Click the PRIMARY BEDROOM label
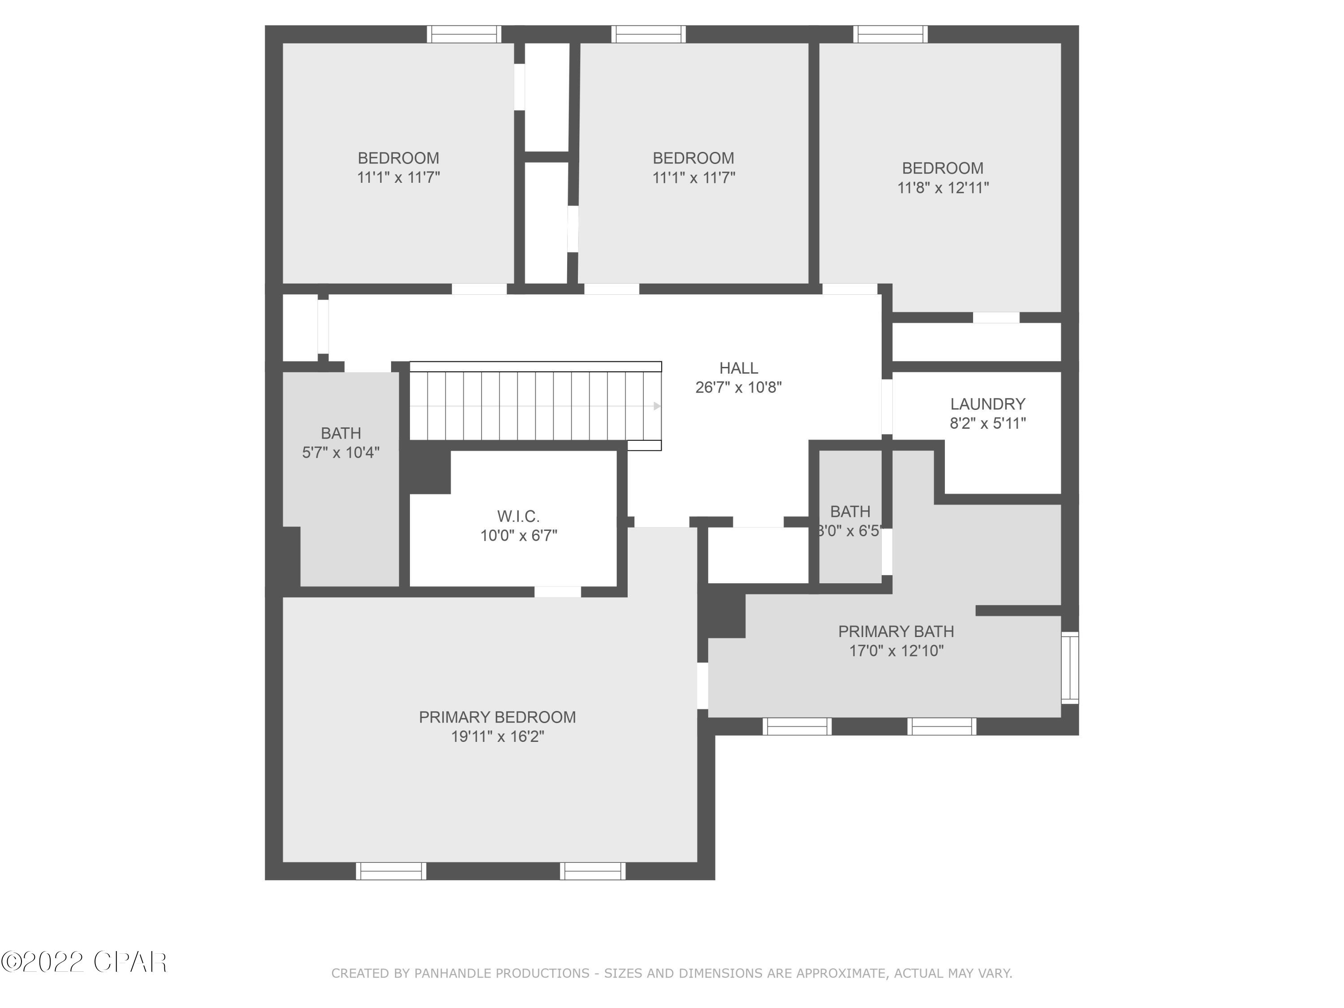(497, 717)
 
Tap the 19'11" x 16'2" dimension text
(497, 737)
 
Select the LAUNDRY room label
(987, 404)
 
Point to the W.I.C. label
(518, 517)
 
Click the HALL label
(738, 368)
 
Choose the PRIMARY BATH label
(896, 631)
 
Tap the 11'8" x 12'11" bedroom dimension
(943, 188)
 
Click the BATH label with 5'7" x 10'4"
(341, 433)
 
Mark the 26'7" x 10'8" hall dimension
(738, 388)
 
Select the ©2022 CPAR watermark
(84, 962)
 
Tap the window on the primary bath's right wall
(1070, 668)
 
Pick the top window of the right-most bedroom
(890, 34)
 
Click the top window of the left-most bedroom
(464, 34)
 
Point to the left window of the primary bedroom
(391, 870)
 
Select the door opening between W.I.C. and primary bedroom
(557, 592)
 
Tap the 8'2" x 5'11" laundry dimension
(987, 423)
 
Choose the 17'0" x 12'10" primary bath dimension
(896, 651)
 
